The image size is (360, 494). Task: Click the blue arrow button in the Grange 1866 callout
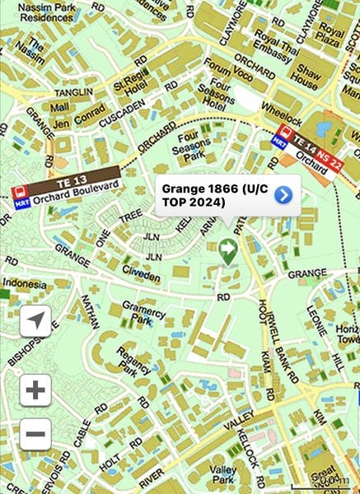pyautogui.click(x=283, y=194)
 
